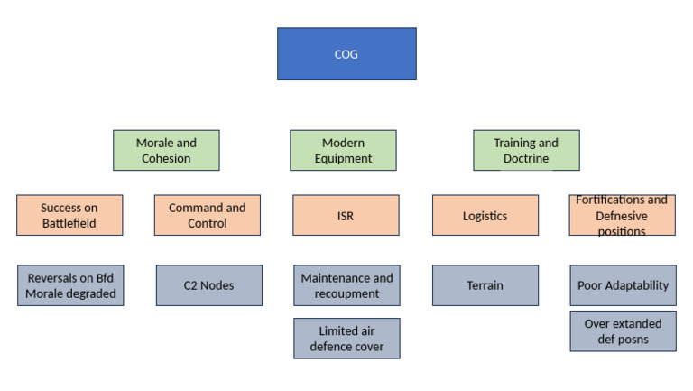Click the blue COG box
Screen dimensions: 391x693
pos(346,54)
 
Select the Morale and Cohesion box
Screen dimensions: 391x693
pos(166,150)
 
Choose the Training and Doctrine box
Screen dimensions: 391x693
pos(525,150)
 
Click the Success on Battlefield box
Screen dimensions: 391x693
pos(69,215)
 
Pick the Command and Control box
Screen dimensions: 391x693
pos(208,215)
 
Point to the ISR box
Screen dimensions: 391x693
pos(346,215)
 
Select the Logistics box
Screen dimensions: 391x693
pos(485,215)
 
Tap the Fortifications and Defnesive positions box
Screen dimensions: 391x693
pos(622,215)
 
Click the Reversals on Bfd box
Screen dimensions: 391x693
pos(69,285)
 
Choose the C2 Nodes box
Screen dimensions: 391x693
pos(208,285)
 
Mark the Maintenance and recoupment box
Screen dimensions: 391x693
pos(346,285)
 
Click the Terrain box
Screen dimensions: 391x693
pos(485,285)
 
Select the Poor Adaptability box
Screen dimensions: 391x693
pos(623,285)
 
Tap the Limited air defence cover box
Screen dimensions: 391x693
pos(346,339)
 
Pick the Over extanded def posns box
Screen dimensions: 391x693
pos(623,331)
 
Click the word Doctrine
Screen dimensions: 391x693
pos(526,158)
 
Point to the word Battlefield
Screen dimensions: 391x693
pos(69,223)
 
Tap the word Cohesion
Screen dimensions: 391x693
pos(166,158)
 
